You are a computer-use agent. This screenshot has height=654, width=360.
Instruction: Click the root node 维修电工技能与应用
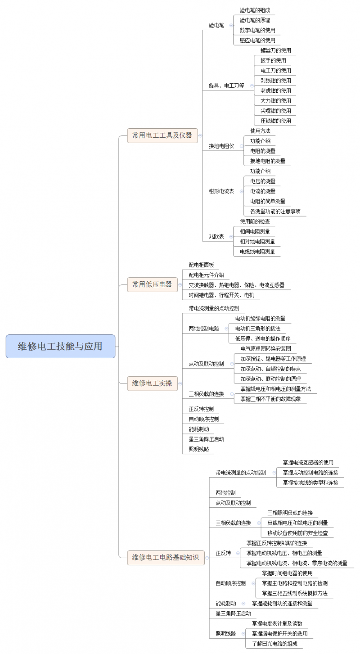point(60,346)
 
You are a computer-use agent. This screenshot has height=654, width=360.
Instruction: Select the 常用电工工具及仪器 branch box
point(162,135)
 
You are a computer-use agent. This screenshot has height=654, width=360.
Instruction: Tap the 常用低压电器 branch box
point(153,284)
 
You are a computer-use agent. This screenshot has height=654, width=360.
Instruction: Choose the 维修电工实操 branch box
point(153,383)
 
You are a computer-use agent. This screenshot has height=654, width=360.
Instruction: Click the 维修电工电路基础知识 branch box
point(166,558)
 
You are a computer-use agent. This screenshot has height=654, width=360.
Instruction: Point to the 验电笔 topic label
point(216,25)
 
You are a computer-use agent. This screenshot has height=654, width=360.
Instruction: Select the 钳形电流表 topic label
point(221,192)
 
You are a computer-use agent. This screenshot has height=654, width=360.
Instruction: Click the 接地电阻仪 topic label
point(221,146)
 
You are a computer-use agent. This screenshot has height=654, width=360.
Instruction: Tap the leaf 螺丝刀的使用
point(275,50)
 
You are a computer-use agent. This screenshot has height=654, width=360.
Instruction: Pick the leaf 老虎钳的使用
point(275,91)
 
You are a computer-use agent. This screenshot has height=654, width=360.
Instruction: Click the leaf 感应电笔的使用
point(257,41)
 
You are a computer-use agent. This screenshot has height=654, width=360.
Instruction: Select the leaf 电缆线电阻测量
point(257,252)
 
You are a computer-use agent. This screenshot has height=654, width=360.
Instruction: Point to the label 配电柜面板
point(201,265)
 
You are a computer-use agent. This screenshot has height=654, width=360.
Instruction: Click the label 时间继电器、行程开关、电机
point(221,295)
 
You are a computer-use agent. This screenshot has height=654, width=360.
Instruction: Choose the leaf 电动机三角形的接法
point(258,329)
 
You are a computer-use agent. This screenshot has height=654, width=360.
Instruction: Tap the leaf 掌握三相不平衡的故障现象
point(270,399)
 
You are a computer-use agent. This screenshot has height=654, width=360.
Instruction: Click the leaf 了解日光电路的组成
point(275,644)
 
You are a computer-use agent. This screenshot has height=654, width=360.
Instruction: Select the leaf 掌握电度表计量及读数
point(277,623)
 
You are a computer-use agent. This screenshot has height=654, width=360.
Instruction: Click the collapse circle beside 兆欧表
point(231,236)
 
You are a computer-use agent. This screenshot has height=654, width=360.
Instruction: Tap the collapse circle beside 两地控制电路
point(226,329)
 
